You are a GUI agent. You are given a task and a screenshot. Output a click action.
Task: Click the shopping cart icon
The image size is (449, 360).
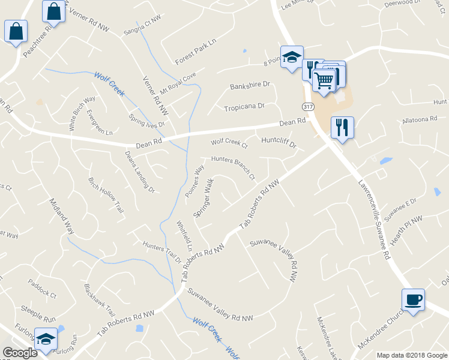coord(324,79)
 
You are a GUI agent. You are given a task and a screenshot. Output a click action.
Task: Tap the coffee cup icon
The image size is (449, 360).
coord(413,299)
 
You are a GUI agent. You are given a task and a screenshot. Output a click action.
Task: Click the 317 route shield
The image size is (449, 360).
coord(308,106)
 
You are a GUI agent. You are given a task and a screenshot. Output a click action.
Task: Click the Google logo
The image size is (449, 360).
coord(20,353)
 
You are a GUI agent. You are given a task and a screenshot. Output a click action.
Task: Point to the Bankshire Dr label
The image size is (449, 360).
coord(250,86)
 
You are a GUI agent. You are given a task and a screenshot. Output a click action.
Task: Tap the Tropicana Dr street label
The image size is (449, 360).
coord(244,107)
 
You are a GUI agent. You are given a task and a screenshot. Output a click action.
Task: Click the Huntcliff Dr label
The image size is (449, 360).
coord(280,143)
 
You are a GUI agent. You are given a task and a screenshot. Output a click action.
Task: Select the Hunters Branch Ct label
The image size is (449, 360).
coord(234,168)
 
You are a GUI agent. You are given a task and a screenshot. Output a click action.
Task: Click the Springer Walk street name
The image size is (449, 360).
coord(204,197)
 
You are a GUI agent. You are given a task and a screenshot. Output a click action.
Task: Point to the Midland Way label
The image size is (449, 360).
coord(61,216)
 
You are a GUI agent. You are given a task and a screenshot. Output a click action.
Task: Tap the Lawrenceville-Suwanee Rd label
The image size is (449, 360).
coord(375,220)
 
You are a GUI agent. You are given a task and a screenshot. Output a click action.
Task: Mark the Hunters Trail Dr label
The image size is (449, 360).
coord(161,251)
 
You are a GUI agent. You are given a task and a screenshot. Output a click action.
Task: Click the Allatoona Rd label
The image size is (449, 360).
coord(420,119)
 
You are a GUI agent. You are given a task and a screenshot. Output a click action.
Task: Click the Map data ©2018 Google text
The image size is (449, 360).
coord(411,355)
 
